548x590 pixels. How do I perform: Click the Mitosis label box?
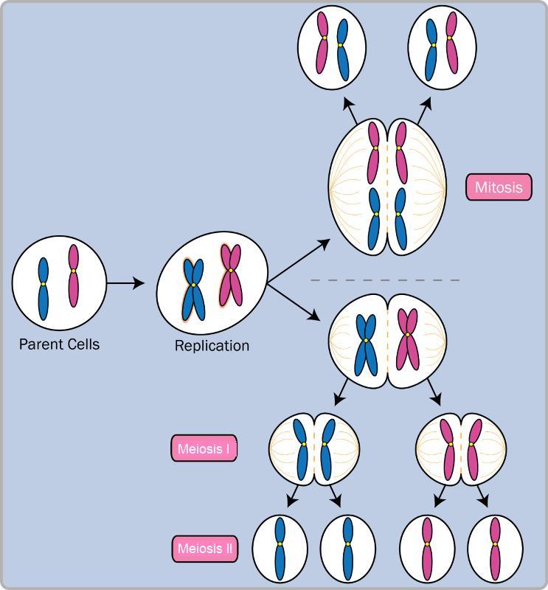pos(499,187)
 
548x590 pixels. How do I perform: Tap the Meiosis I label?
pos(204,448)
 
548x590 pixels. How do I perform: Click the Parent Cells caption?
pos(59,344)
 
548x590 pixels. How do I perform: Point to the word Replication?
pos(212,345)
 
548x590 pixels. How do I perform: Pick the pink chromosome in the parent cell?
pos(73,276)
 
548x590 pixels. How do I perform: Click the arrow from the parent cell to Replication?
pos(125,282)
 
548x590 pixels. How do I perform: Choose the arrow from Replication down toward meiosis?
pos(295,302)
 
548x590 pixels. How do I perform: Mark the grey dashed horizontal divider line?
pos(384,280)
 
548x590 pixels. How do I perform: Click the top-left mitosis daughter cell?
pos(332,46)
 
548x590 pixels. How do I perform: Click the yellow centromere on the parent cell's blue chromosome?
pos(43,284)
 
